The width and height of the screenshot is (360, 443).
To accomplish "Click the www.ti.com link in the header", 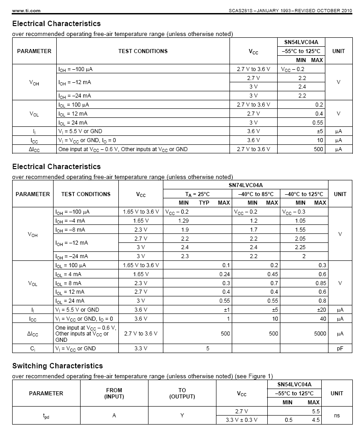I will (x=20, y=10).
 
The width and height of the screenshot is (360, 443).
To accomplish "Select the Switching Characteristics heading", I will (x=57, y=366).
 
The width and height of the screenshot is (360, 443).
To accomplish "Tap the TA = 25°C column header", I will (x=198, y=194).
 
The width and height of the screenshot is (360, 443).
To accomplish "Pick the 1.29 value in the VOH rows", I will (x=184, y=221).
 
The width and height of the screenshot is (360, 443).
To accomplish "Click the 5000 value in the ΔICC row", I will (x=319, y=334).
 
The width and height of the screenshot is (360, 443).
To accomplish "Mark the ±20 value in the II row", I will (x=320, y=310).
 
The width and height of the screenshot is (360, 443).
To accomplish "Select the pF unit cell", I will (x=340, y=349).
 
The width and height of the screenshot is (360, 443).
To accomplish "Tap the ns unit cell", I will (x=337, y=416).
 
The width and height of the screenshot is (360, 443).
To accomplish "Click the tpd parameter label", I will (x=46, y=416).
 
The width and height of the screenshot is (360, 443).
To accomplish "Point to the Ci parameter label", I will (x=32, y=349).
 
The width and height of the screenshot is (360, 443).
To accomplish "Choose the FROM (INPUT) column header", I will (x=114, y=394).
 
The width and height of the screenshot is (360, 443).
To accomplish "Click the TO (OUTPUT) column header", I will (x=182, y=394).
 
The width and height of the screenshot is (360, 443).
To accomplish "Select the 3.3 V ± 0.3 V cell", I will (x=242, y=420).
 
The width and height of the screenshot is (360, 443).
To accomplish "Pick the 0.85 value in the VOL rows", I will (x=320, y=283).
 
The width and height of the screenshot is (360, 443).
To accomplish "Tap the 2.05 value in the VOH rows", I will (x=300, y=239).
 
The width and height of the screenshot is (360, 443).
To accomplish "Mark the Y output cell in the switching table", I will (x=182, y=416).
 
